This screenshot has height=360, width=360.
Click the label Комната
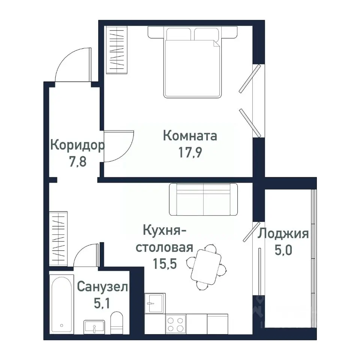(190, 135)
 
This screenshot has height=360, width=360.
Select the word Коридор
(77, 145)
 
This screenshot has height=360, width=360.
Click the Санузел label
(102, 287)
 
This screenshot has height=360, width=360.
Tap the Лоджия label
(283, 234)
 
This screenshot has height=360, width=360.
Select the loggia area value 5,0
(283, 250)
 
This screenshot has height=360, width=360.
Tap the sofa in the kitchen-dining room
(203, 199)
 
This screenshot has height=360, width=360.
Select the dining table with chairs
(207, 267)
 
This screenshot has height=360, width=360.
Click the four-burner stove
(175, 324)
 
